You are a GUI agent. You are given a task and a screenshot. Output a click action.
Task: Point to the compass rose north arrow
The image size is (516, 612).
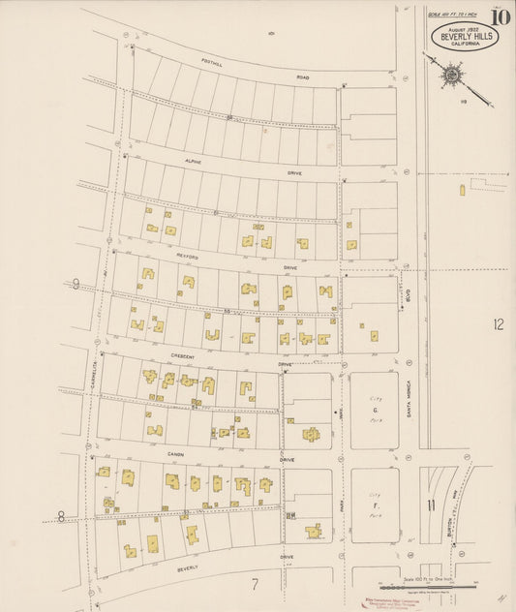tap(452, 74)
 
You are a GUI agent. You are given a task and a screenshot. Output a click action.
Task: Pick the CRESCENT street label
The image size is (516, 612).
tap(182, 355)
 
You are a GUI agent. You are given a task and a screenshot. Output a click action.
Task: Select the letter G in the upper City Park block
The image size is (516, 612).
tap(374, 410)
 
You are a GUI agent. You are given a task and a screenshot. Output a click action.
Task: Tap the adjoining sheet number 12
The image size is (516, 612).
tap(498, 324)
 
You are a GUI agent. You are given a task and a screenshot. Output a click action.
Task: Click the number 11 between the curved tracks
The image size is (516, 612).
tap(429, 505)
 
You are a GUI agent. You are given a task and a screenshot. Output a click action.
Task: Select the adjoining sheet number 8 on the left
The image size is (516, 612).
tap(61, 516)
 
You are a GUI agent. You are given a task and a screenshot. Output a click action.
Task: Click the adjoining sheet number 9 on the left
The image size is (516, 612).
tap(76, 284)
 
